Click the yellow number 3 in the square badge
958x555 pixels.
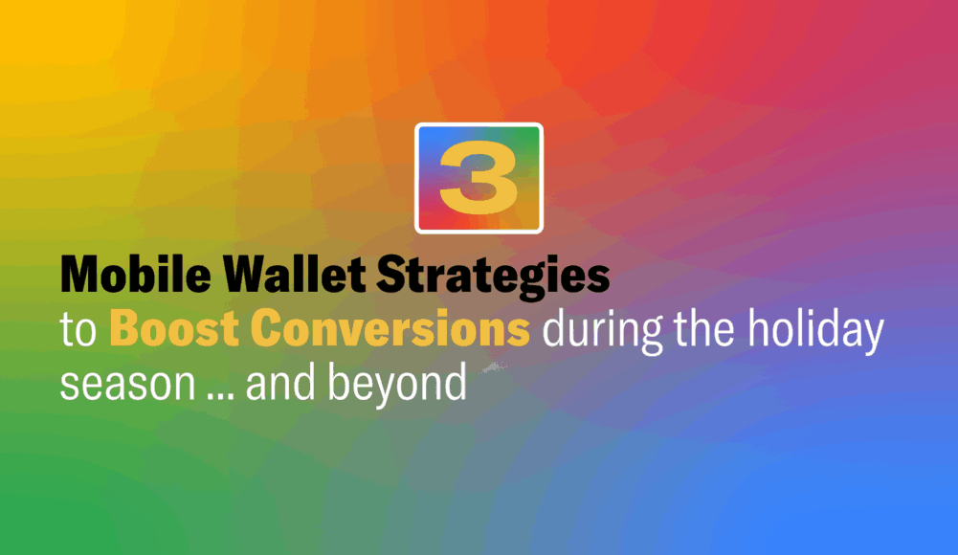pos(479,179)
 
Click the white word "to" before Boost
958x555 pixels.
pos(79,330)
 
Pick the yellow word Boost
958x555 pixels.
pos(176,329)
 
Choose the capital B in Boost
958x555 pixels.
pos(124,329)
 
